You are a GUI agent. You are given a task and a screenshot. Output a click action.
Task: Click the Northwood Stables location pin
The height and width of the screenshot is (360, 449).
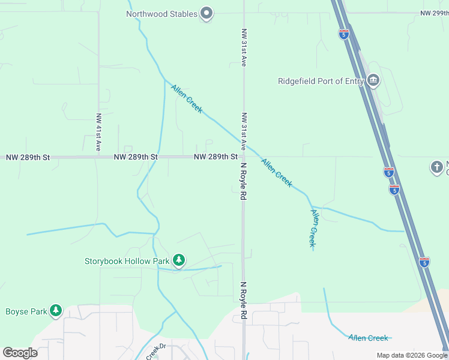(x=206, y=13)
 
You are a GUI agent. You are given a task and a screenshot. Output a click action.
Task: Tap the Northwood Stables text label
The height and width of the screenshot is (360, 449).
(x=161, y=14)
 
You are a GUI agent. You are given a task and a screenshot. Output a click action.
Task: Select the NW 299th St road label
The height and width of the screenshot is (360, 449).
(x=433, y=13)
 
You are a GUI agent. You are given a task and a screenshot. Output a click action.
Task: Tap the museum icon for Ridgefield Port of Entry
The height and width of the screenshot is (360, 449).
(x=373, y=81)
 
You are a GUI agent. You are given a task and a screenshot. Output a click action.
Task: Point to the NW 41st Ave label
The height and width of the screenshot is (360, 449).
(x=98, y=131)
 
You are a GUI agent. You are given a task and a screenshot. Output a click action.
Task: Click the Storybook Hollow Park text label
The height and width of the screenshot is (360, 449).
(x=127, y=261)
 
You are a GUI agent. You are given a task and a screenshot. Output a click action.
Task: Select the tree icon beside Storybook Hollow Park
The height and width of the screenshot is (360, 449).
(x=178, y=260)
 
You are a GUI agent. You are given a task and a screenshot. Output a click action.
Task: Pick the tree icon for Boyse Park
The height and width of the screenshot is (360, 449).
(x=56, y=310)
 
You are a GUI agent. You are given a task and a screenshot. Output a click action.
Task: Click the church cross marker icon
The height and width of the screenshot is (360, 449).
(x=436, y=167)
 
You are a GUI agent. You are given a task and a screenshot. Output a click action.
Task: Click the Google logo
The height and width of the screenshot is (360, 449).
(x=20, y=353)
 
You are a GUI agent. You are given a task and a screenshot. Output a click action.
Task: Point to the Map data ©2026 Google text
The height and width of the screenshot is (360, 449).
(x=412, y=355)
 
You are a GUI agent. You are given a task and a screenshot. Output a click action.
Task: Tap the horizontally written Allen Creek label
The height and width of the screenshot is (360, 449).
(x=369, y=338)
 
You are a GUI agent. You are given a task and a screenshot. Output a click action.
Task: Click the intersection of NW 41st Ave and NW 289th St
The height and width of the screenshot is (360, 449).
(x=98, y=157)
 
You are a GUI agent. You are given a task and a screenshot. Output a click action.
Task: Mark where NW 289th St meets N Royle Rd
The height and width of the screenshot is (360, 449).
(x=243, y=157)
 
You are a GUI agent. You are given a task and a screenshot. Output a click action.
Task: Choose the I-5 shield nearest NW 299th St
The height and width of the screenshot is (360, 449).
(x=344, y=34)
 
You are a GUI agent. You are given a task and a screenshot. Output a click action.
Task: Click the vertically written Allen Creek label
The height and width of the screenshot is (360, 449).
(x=313, y=228)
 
